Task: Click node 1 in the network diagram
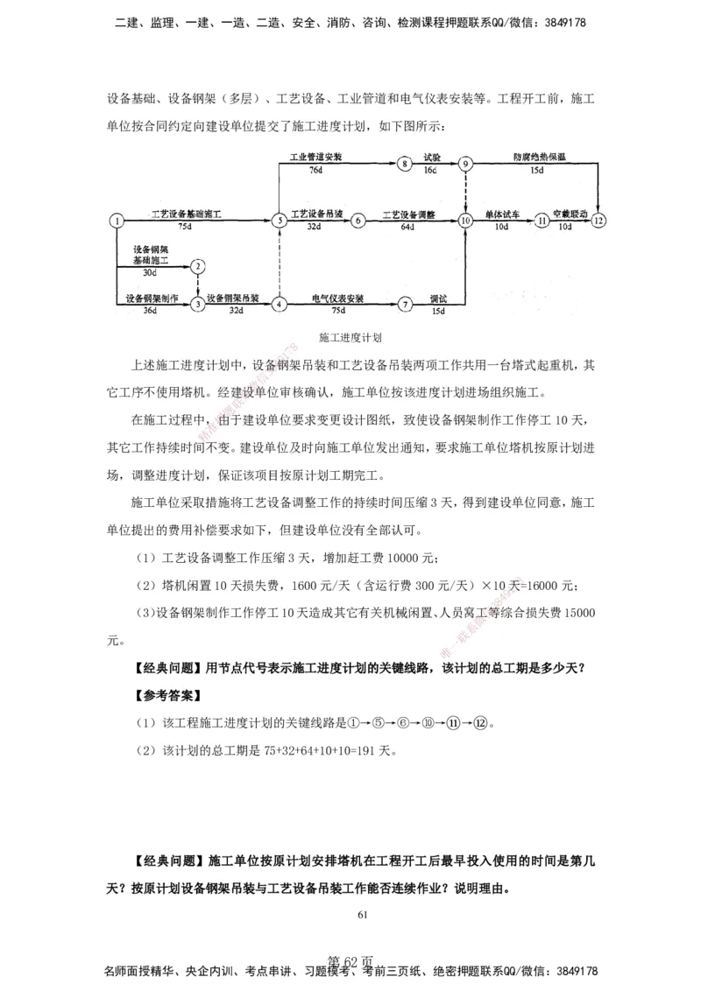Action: click(x=116, y=221)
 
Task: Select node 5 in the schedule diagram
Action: click(x=279, y=221)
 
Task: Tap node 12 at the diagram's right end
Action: click(x=598, y=221)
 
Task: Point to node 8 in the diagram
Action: click(x=403, y=164)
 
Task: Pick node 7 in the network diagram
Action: click(x=404, y=304)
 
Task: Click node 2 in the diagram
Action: click(x=199, y=265)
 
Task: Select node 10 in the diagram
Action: click(x=465, y=221)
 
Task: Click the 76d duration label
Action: click(x=315, y=171)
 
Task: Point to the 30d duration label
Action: click(x=151, y=273)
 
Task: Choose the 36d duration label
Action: click(x=150, y=311)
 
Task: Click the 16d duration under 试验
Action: click(x=430, y=171)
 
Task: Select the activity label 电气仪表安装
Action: click(x=337, y=299)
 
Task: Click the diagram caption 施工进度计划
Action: click(x=350, y=336)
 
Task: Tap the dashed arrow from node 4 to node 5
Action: click(x=279, y=263)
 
